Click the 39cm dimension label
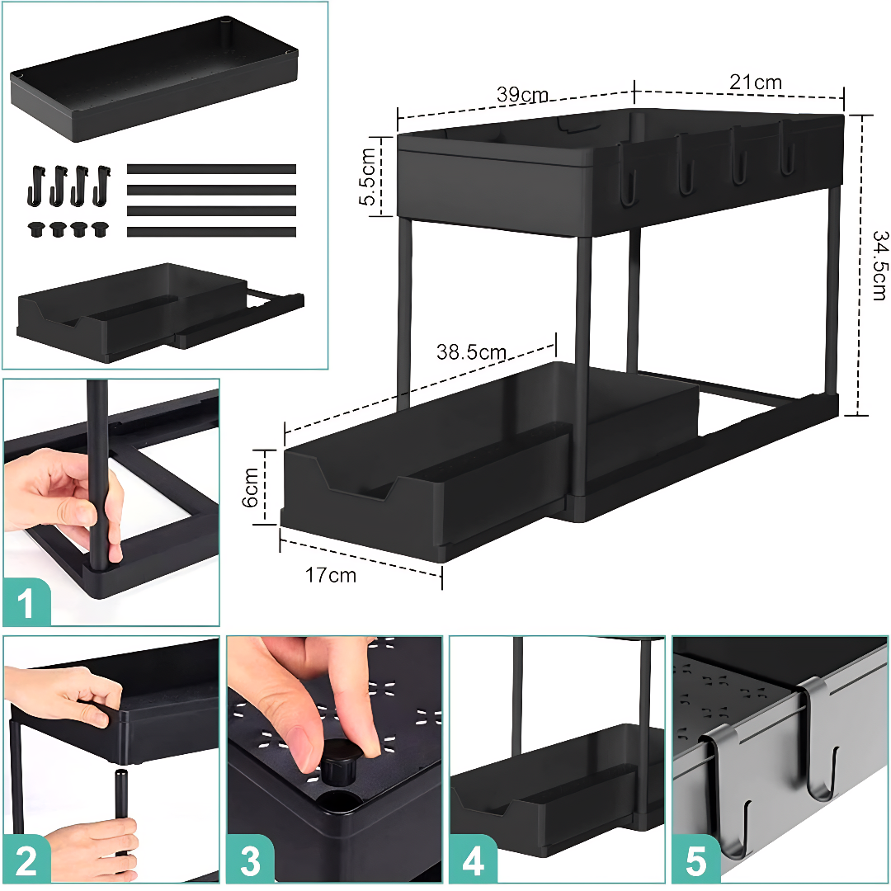click(522, 94)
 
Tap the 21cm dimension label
click(756, 82)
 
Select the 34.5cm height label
click(879, 266)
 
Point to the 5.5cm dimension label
click(368, 177)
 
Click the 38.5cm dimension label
click(471, 352)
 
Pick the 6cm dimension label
click(250, 487)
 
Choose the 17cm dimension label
click(331, 575)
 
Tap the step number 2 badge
click(26, 859)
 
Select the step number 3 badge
click(250, 859)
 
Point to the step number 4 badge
click(474, 859)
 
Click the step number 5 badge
click(696, 859)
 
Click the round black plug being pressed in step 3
click(341, 762)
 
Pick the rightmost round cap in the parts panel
click(100, 229)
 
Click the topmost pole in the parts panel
click(211, 169)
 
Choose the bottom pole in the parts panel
click(211, 232)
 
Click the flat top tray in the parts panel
click(154, 79)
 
